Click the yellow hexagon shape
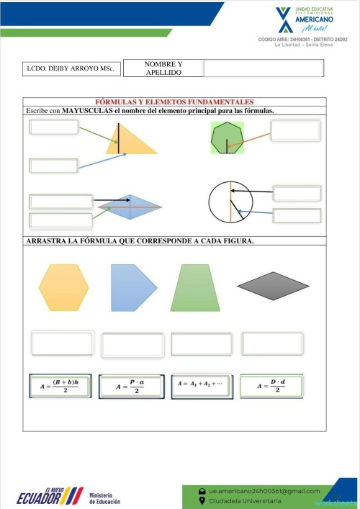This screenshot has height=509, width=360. tap(63, 287)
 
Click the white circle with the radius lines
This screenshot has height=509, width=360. tap(230, 204)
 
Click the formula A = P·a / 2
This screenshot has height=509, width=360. tap(130, 387)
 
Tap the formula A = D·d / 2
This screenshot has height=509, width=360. tap(271, 387)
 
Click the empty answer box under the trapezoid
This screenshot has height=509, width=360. tap(201, 344)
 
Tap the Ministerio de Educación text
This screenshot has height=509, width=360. tap(105, 498)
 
